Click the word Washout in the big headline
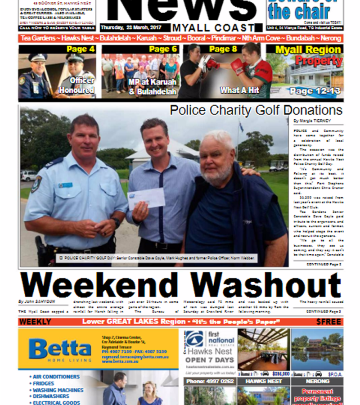[265, 286]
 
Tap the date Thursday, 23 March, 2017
[130, 27]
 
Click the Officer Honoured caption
[81, 85]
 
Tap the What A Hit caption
[239, 90]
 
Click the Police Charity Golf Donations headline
[256, 110]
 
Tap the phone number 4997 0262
[208, 381]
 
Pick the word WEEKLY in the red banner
[36, 322]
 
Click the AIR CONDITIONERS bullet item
[56, 377]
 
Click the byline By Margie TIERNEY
[312, 121]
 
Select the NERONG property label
[317, 381]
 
